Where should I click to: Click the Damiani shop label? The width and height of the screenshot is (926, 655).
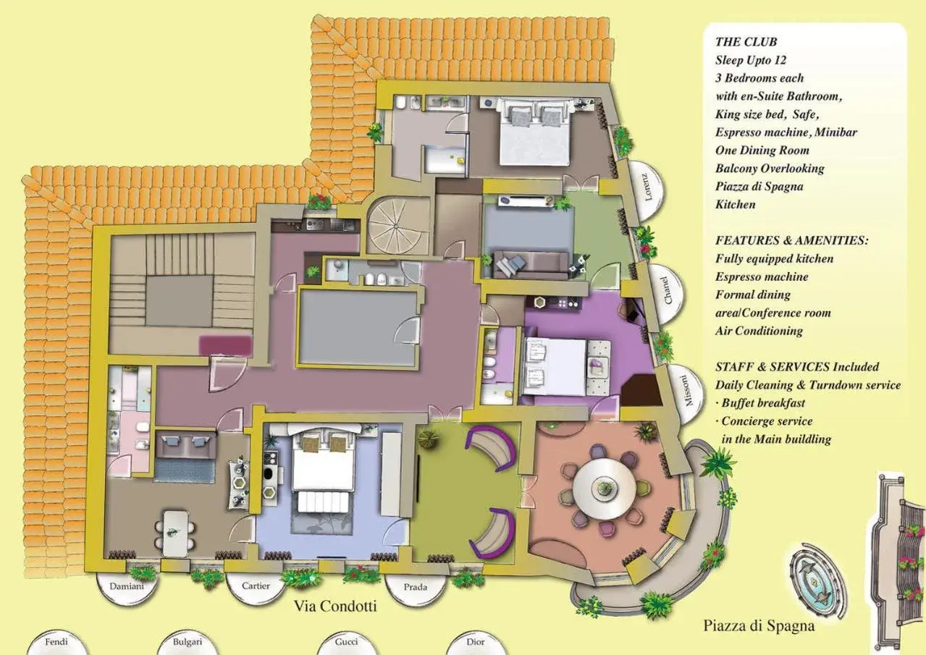(127, 586)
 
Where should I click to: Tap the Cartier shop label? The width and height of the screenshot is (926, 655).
(256, 586)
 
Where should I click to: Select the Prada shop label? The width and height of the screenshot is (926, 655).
(416, 588)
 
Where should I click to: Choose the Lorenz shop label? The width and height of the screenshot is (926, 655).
(647, 186)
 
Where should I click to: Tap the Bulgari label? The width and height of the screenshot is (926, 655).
(188, 641)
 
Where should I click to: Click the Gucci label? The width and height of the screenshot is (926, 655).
(346, 641)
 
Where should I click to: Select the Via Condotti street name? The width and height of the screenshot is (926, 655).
(335, 607)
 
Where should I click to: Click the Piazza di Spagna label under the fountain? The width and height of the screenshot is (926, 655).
(759, 625)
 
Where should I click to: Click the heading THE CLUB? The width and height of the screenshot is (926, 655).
(746, 42)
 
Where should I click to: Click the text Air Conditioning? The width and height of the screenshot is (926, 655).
(759, 331)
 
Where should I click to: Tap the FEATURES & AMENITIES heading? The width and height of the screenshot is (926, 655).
(791, 240)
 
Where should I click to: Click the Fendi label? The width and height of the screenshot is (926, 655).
(56, 641)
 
